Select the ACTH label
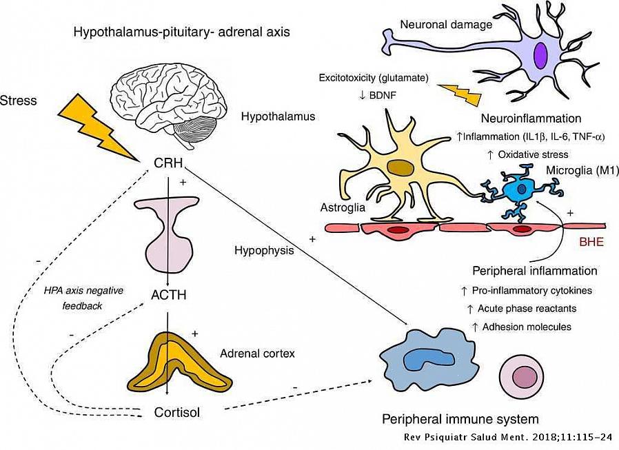coord(168,296)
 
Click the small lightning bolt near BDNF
coord(459,94)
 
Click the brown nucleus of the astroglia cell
coord(398,168)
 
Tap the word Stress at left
coord(19,101)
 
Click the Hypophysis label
coord(264,250)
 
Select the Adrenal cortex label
coord(257,354)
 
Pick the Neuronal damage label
coord(446,25)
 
